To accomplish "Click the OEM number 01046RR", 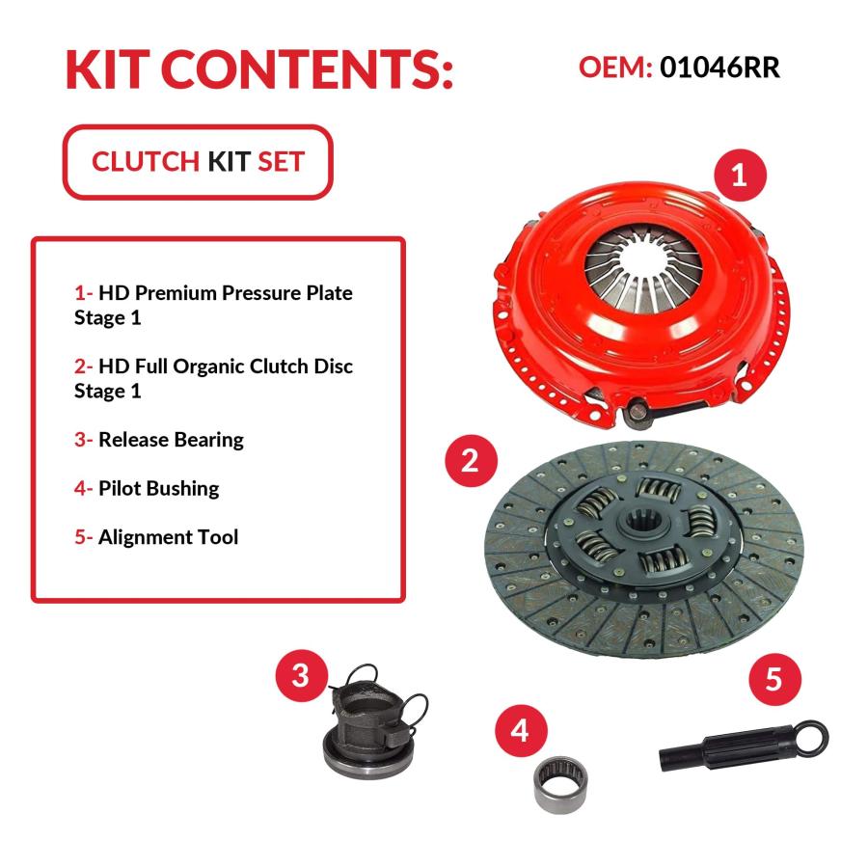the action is [x=719, y=68].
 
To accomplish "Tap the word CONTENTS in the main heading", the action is [x=307, y=69].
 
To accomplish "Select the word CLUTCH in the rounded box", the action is [x=146, y=162].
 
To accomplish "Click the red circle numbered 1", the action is [x=740, y=176].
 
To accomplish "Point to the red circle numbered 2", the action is [x=471, y=461].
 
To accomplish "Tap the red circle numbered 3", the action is [x=302, y=675].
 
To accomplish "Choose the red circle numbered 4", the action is [x=521, y=731].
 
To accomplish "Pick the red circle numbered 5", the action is [x=775, y=679].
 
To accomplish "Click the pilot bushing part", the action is [x=560, y=785].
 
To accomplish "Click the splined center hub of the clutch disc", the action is [x=642, y=522].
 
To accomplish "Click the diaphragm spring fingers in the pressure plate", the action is [x=644, y=267].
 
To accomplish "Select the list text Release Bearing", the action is [x=171, y=440].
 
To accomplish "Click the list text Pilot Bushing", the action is [x=159, y=488].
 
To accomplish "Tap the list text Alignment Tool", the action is [x=168, y=537].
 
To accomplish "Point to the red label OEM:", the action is [x=615, y=68].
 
